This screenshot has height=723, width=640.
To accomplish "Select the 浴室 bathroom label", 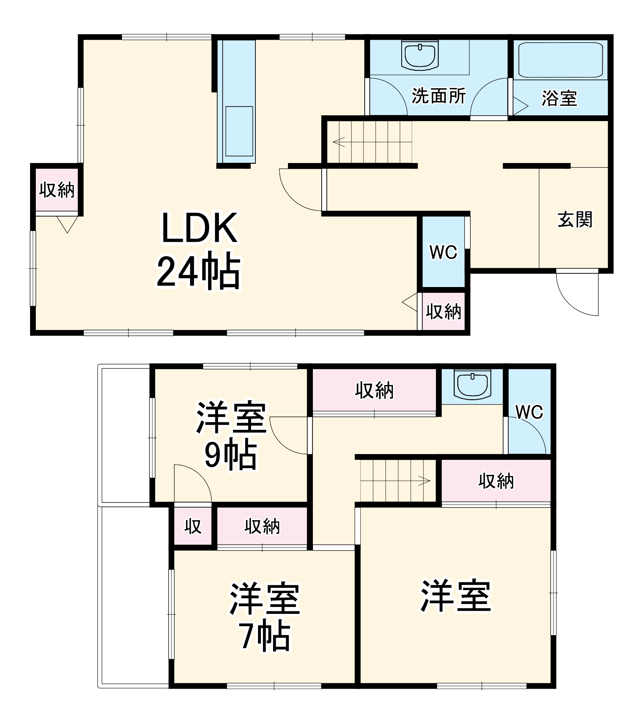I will point(559,98).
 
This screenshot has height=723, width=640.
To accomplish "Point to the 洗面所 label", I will point(438,96).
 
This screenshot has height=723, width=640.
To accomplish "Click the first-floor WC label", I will point(443,252).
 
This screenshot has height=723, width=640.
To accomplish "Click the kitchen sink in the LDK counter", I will point(239,131).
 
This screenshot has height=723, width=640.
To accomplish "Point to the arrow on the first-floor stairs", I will point(339,141).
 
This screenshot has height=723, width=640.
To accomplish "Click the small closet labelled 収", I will point(193,526).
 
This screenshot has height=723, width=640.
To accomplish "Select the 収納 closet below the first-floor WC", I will point(444,311).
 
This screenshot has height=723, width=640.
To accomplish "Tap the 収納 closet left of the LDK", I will point(57,190).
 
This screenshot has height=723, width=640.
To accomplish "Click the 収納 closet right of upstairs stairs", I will point(496,481).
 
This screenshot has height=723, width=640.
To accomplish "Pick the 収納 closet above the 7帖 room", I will point(262,526).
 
